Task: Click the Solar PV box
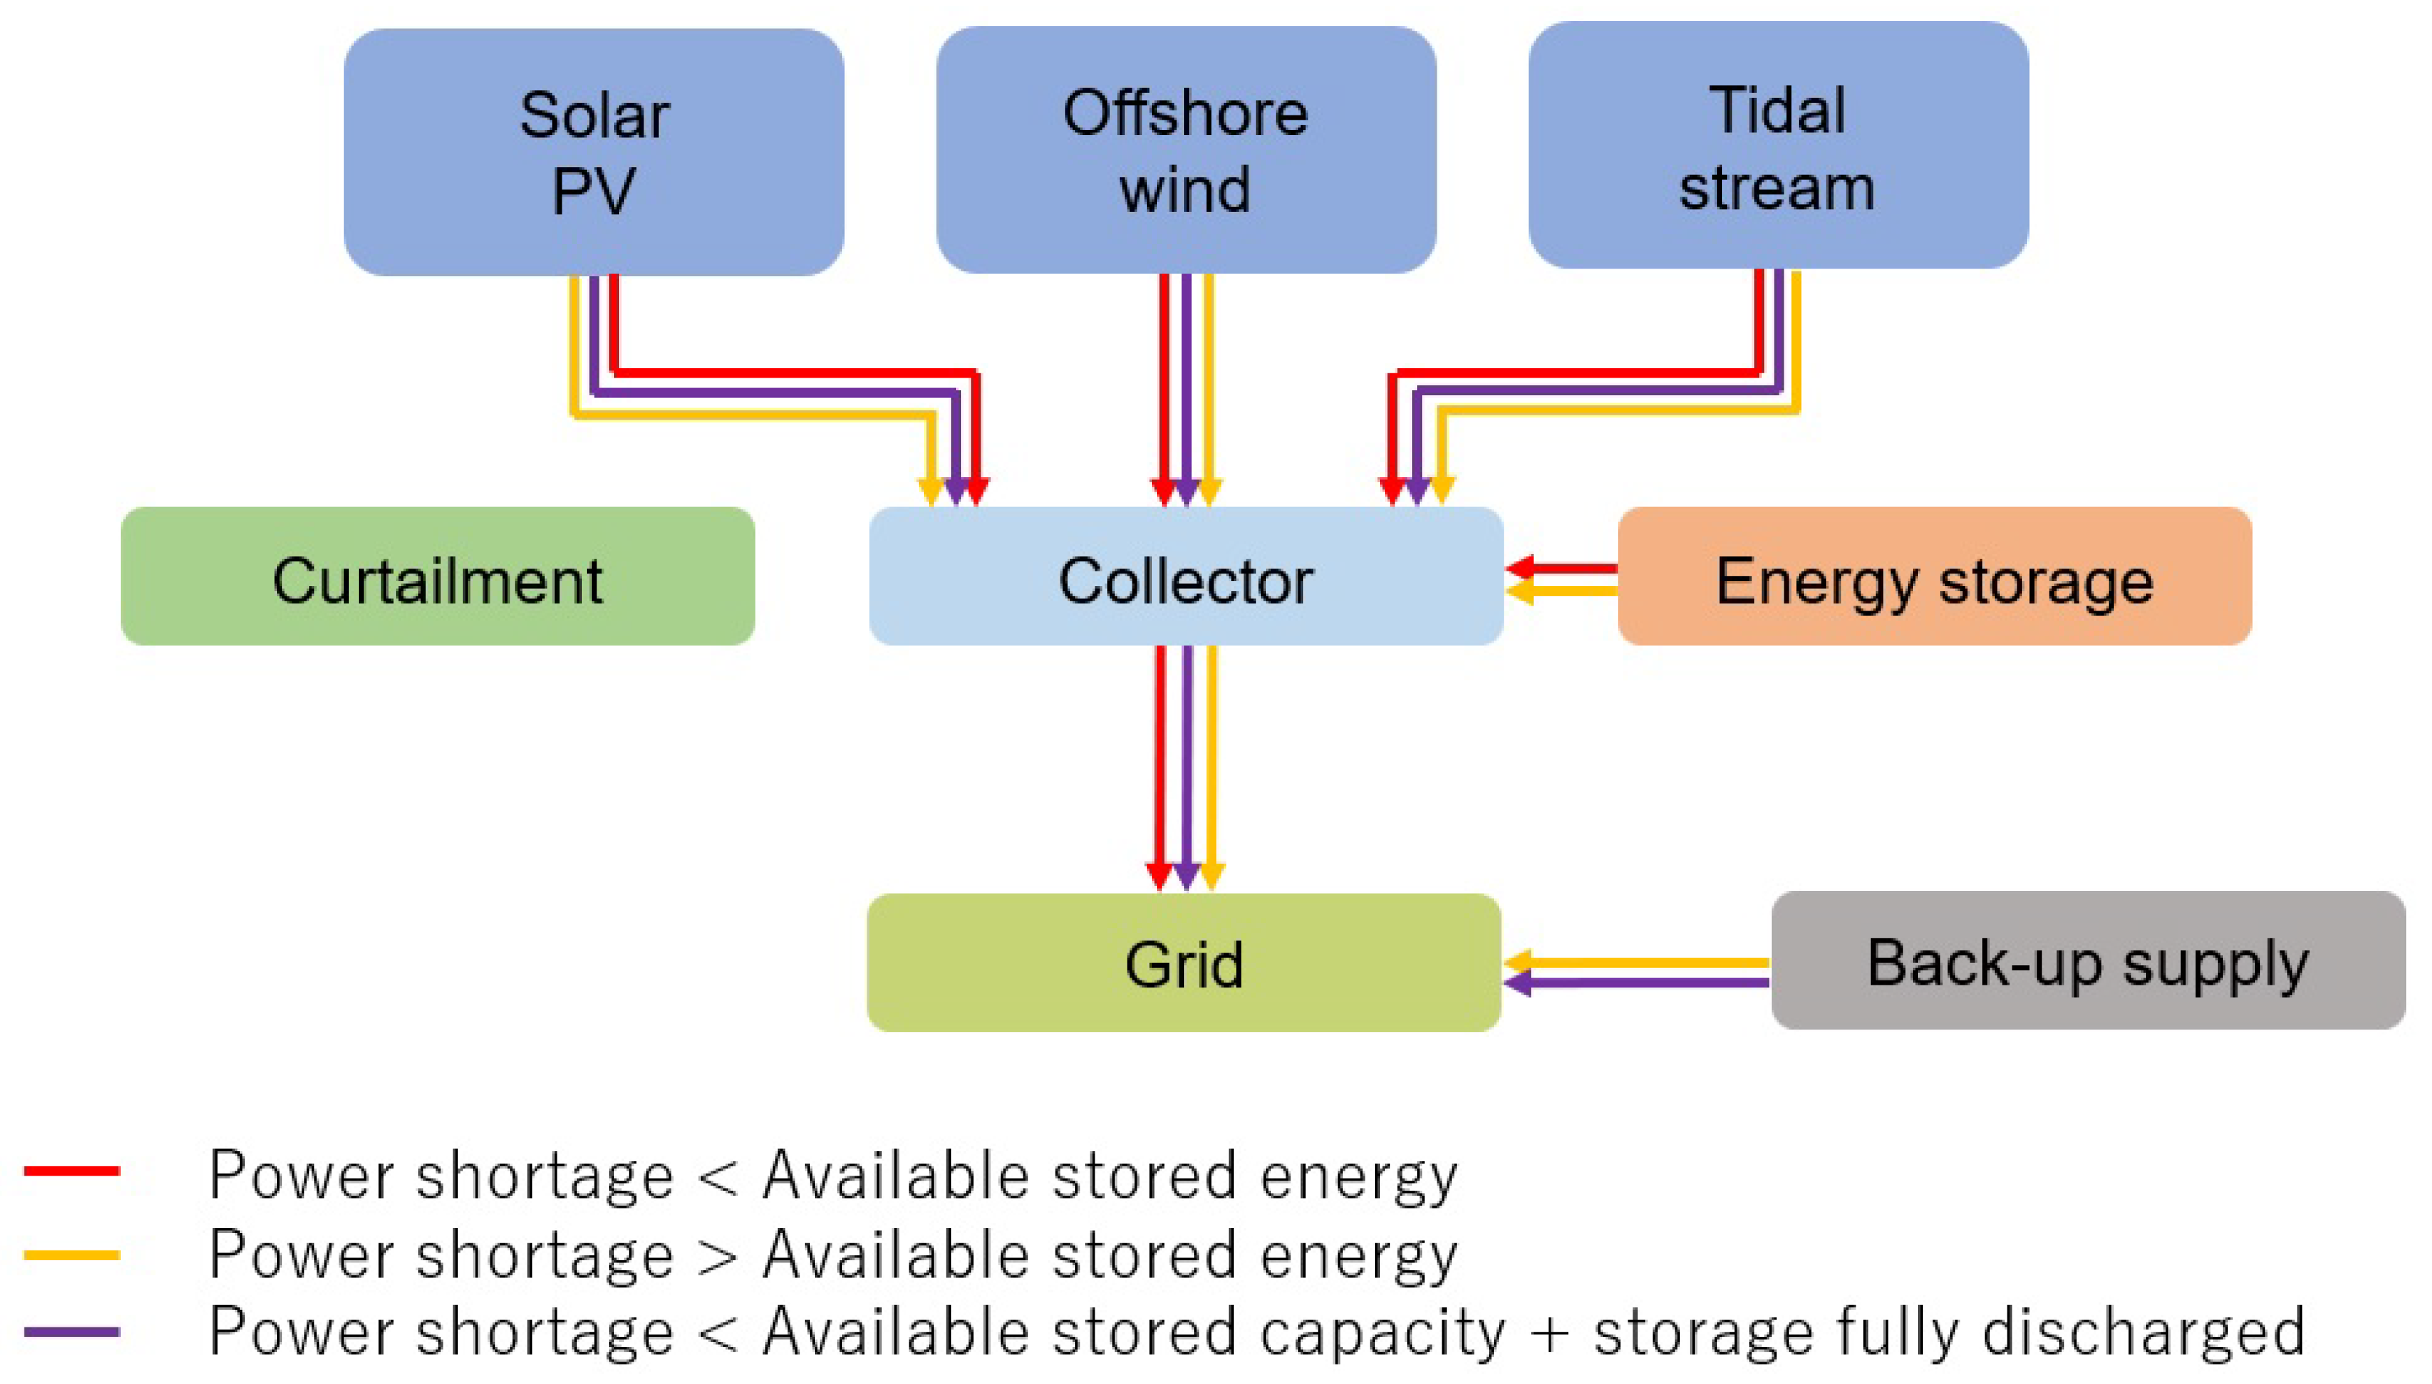coord(593,152)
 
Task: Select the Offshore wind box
coord(1186,150)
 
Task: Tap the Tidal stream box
coord(1778,145)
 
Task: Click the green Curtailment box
coord(437,577)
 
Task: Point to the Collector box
coord(1186,577)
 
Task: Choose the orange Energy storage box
coord(1934,577)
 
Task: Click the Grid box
coord(1183,962)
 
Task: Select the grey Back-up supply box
coord(2088,960)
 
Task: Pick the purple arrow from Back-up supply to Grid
coord(1635,983)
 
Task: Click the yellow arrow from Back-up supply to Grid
coord(1635,962)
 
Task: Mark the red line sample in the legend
coord(71,1171)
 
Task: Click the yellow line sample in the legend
coord(71,1255)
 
